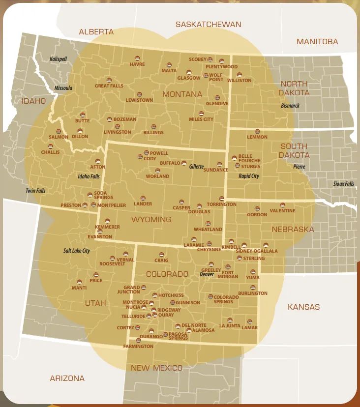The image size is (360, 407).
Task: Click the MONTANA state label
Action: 183,94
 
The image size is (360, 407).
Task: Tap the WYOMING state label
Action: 151,220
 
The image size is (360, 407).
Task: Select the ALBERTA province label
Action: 96,32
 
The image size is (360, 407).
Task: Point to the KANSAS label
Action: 303,307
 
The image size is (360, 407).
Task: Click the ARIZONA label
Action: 67,378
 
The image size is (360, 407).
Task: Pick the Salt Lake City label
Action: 77,251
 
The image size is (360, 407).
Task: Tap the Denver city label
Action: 207,274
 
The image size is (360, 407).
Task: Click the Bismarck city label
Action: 289,106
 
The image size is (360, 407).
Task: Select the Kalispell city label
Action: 58,59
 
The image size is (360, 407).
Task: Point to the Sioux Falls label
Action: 343,184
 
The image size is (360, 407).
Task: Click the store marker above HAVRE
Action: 137,58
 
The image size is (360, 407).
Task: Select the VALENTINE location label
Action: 282,211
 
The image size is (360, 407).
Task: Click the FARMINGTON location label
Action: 139,347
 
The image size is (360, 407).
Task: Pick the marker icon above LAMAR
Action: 249,321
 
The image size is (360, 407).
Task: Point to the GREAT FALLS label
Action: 109,86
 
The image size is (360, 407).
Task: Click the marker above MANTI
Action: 79,282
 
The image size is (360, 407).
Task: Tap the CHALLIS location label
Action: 50,152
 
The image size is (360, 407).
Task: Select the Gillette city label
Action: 196,167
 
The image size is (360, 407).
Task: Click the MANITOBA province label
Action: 317,42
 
